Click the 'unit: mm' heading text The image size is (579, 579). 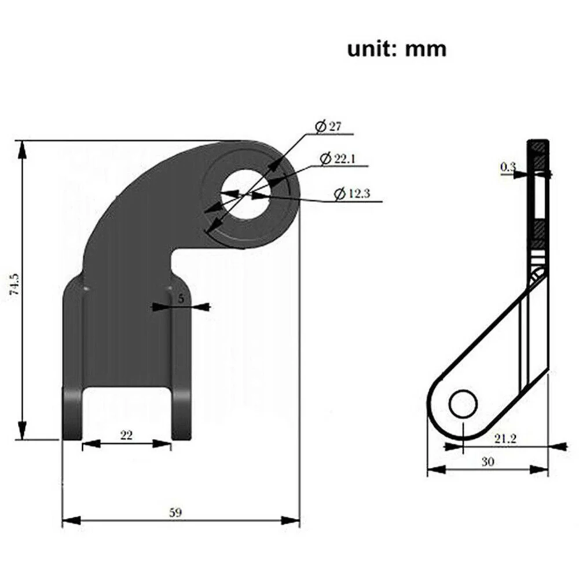coord(397,49)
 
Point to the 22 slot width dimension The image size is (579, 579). coord(126,436)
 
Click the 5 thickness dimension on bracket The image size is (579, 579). coord(181,299)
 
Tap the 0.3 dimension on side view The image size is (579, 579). coord(508,167)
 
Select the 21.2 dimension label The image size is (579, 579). coord(505,439)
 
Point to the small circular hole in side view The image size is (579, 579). coord(464,404)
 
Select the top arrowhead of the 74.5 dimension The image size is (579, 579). coord(23,148)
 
